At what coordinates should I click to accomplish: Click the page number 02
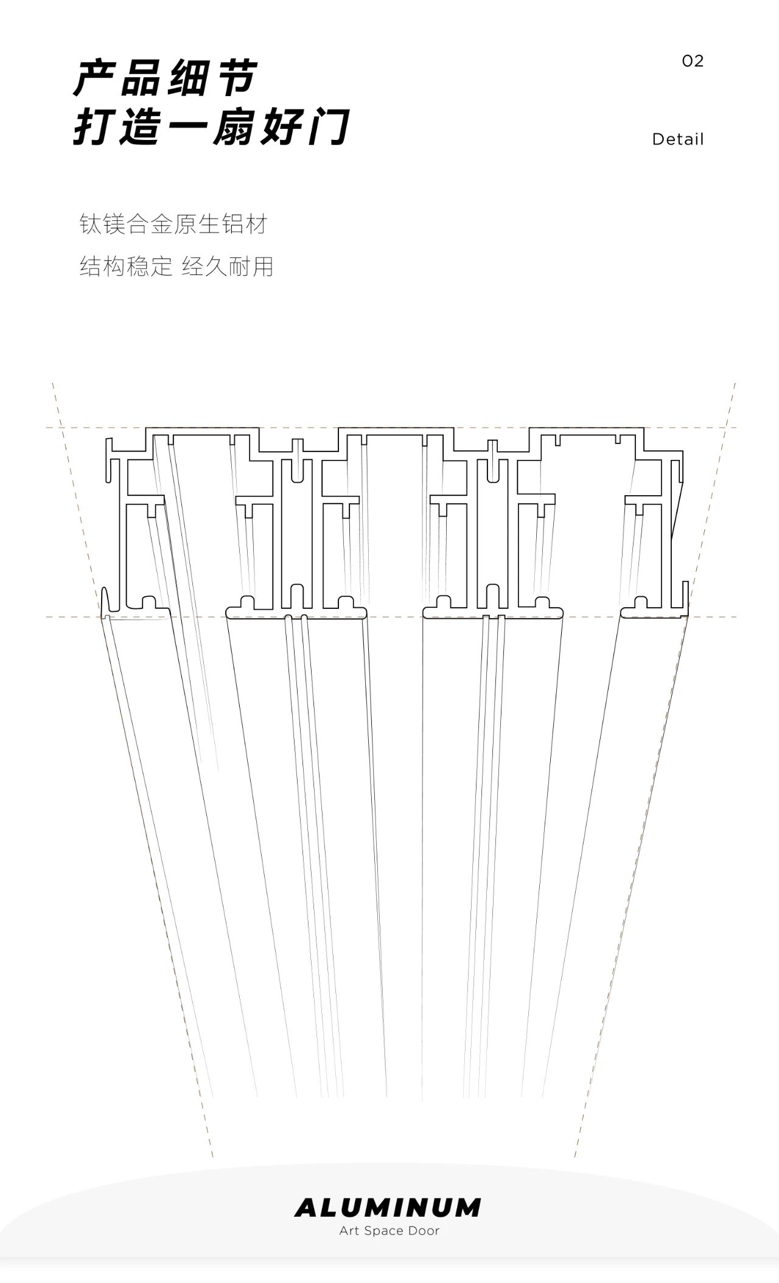[693, 61]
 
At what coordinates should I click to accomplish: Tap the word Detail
[677, 139]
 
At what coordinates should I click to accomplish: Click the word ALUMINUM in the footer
[388, 1208]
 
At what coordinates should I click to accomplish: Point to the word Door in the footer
[424, 1231]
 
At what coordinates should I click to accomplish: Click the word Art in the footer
[349, 1231]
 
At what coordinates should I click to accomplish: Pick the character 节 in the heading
[236, 78]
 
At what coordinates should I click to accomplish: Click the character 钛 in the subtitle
[90, 224]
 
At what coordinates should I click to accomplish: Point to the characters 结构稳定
[126, 266]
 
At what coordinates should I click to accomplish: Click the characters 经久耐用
[227, 266]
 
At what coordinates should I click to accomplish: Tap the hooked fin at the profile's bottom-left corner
[105, 602]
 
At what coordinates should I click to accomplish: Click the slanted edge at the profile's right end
[677, 511]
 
